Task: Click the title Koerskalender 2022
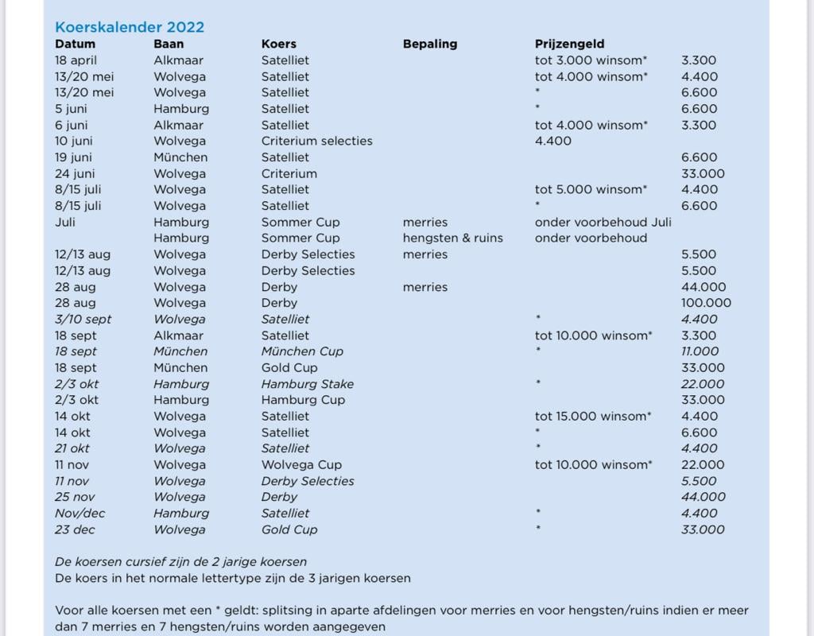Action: click(130, 26)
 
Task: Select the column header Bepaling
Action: click(430, 44)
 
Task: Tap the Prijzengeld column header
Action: click(569, 44)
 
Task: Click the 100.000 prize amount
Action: click(706, 303)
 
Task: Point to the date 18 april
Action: click(76, 60)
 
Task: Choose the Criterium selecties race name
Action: click(316, 141)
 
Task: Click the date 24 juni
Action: click(74, 173)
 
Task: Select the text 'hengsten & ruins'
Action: click(452, 238)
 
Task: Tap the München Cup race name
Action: click(302, 351)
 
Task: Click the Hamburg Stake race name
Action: click(307, 384)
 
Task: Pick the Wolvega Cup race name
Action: click(301, 464)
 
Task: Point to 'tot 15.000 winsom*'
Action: click(593, 416)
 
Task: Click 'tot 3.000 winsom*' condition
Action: click(591, 60)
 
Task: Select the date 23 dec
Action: click(76, 529)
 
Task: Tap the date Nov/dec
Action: click(80, 513)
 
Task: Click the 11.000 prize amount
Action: click(700, 351)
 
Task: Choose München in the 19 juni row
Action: click(180, 157)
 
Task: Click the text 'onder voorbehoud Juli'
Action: click(603, 222)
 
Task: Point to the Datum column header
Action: click(75, 44)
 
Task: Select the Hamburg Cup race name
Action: click(304, 400)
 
